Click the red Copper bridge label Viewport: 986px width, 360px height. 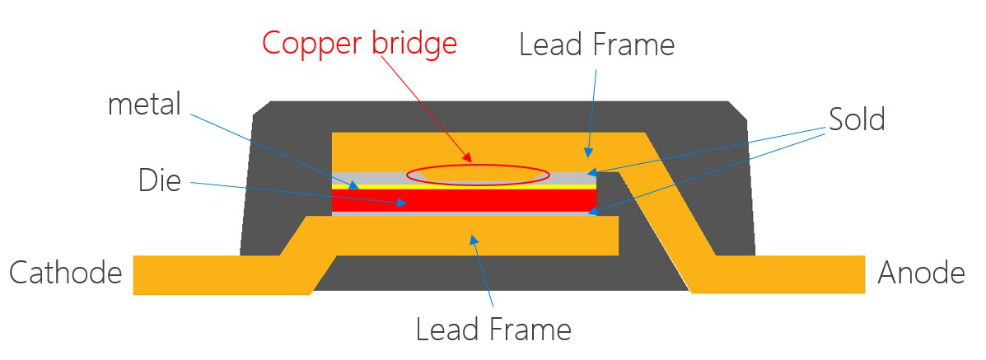click(359, 43)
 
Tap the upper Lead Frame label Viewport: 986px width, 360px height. click(596, 44)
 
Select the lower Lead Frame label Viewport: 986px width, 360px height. click(493, 330)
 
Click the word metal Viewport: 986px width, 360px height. click(144, 105)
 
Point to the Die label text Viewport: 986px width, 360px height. click(160, 180)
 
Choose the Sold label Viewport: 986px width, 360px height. click(857, 120)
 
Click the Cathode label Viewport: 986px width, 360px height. click(65, 273)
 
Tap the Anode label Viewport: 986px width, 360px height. click(921, 273)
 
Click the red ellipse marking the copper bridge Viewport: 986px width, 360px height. click(478, 174)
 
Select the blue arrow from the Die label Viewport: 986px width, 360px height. click(297, 190)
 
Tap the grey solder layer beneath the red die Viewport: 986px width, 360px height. click(461, 213)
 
